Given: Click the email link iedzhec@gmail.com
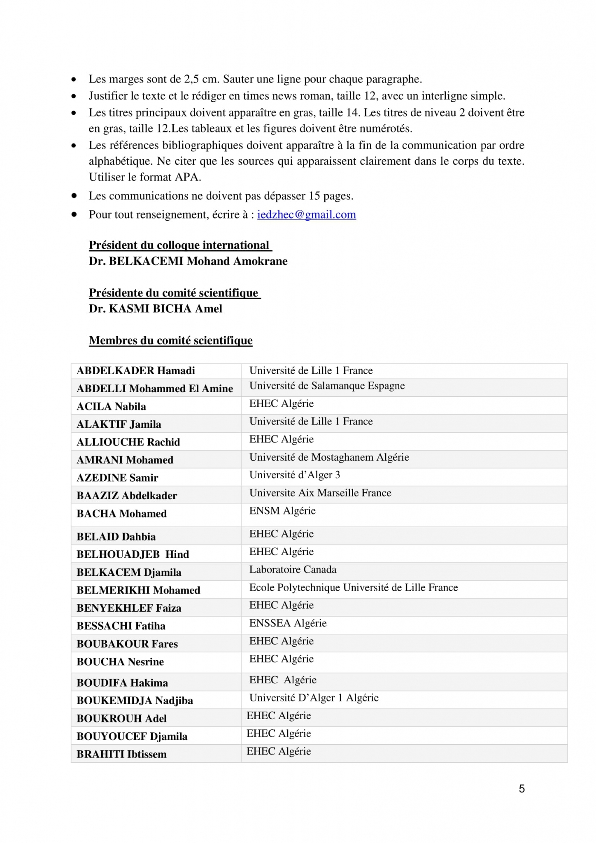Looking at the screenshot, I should (306, 214).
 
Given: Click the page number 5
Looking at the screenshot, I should (521, 788).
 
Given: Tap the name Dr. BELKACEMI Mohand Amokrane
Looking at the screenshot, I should (188, 261).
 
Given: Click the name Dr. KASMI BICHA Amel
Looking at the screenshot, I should (155, 309).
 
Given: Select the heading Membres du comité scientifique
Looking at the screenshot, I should (170, 340).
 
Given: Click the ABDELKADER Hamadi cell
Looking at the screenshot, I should (136, 370).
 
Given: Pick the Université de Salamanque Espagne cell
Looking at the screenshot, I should (327, 386).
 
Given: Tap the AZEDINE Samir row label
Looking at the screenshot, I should (117, 477).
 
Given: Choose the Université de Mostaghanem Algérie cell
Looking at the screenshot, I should (329, 457).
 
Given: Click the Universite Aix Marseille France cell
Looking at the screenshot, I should (320, 493).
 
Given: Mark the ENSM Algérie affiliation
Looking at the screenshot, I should (282, 511).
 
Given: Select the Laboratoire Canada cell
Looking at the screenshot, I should (293, 569).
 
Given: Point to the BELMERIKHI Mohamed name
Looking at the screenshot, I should (138, 590).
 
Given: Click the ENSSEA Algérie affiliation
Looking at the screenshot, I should (288, 623).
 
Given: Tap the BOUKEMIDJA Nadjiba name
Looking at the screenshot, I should (135, 700).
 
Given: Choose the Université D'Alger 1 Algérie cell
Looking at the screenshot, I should (314, 698).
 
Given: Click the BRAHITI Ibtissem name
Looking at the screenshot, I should (121, 754).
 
